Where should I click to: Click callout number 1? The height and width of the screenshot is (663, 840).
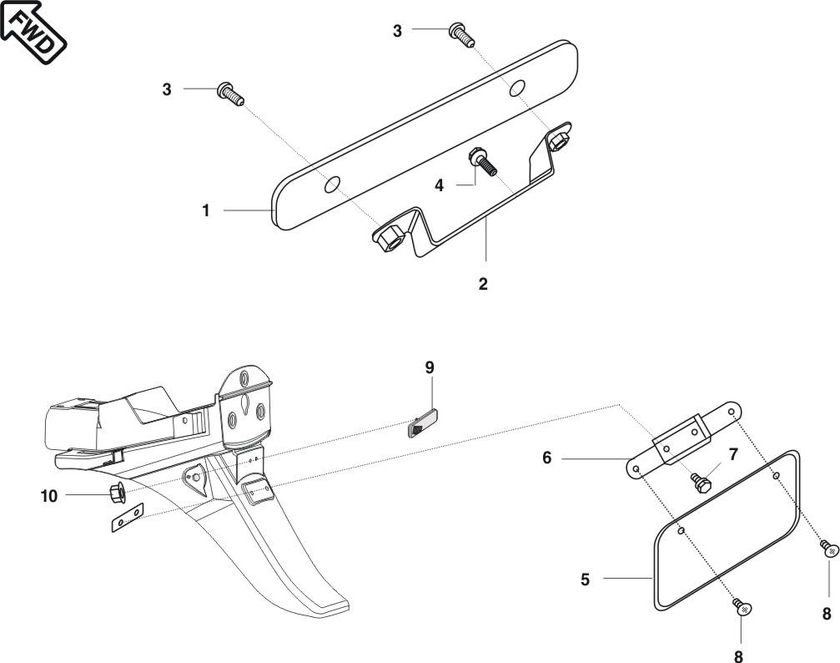pos(206,211)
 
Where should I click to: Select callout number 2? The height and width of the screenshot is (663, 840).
pos(483,284)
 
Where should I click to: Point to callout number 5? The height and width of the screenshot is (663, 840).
pos(586,579)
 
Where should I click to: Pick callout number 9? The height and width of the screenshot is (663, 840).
pos(430,368)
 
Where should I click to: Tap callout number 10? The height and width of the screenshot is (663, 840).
pos(49,496)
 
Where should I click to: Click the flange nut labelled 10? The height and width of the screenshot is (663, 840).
pos(118,494)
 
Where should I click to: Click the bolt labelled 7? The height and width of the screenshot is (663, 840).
pos(699,482)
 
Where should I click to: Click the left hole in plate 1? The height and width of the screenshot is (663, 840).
pos(332,183)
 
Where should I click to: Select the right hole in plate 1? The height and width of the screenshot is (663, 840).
pos(517,87)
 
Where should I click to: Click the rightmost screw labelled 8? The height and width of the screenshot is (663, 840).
pos(827,549)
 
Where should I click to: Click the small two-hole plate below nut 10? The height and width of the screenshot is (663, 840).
pos(127,519)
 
